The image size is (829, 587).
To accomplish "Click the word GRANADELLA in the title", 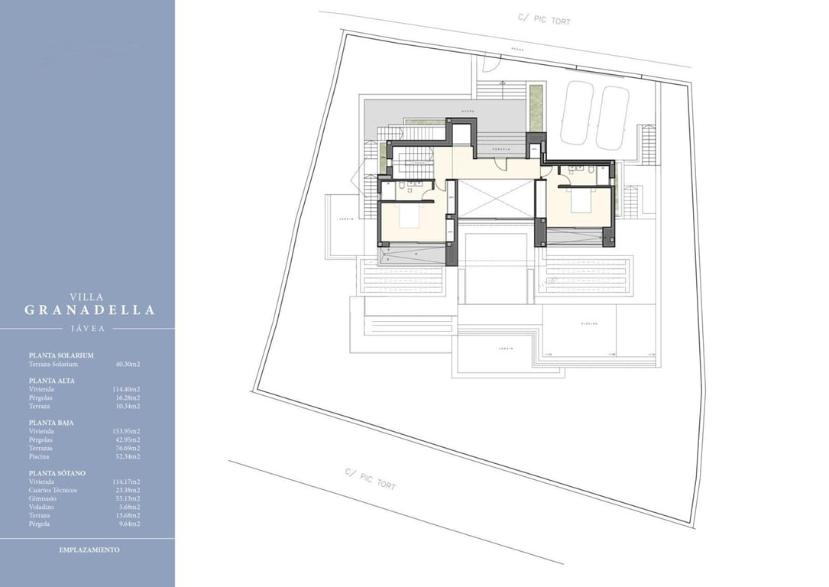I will (89, 310).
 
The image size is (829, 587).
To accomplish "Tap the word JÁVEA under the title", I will (87, 329).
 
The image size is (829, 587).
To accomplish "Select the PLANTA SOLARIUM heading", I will (61, 355).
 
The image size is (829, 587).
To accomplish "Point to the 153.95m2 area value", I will (126, 431).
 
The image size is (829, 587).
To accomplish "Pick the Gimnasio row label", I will (42, 498).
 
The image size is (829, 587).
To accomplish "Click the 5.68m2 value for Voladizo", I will (128, 507).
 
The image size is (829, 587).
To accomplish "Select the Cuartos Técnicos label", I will (53, 490).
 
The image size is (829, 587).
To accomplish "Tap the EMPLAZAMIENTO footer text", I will (89, 550).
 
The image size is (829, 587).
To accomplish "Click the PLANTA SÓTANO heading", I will (57, 473).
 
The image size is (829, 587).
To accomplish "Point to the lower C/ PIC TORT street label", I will (371, 479).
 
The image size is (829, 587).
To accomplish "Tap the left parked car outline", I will (577, 113).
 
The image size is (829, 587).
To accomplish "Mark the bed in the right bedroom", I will (578, 203).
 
